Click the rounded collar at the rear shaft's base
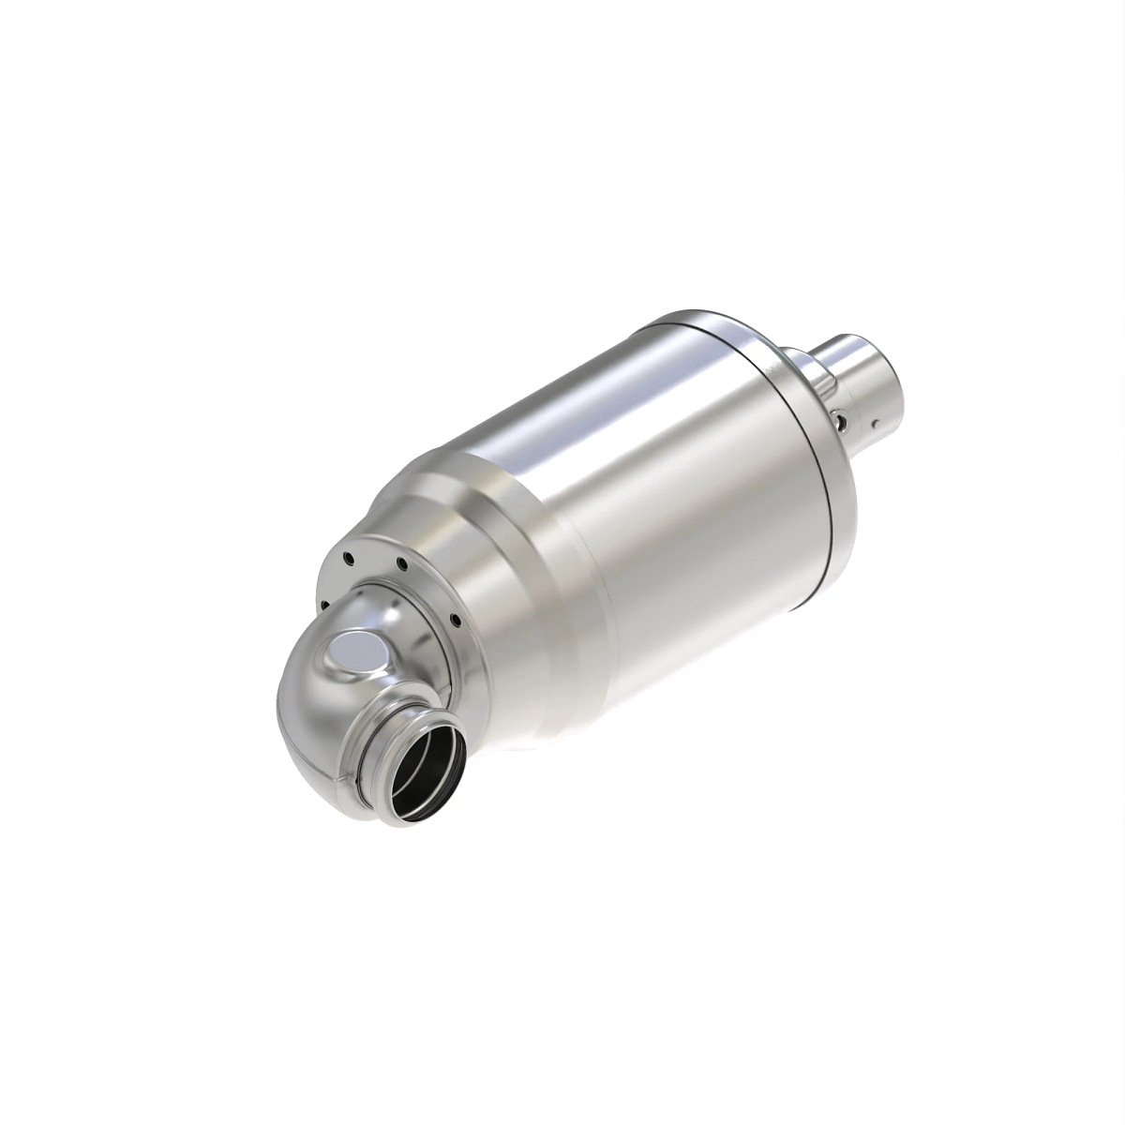tap(806, 370)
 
